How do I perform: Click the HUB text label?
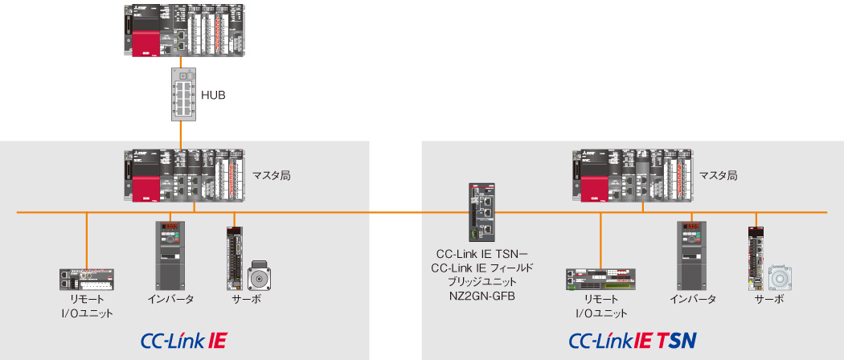click(212, 96)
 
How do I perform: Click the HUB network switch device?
click(183, 94)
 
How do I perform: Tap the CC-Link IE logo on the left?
click(182, 340)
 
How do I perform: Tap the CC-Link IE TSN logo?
click(632, 340)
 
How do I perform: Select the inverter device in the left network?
click(173, 255)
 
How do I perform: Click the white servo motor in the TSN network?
click(780, 277)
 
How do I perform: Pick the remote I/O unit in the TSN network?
click(601, 279)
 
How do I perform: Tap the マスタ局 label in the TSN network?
click(718, 174)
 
